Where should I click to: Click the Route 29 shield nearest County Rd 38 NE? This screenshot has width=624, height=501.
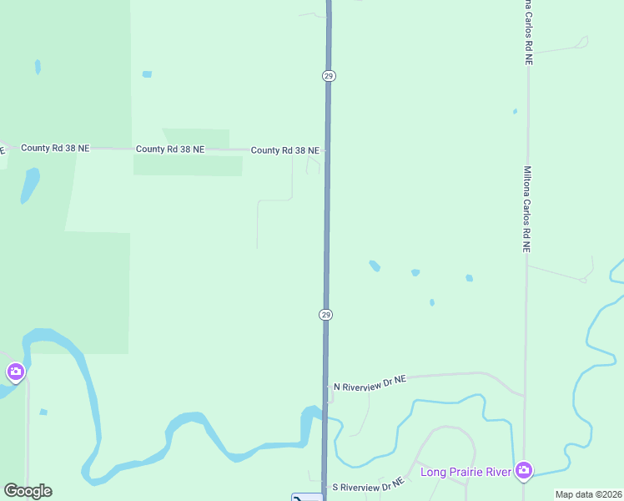328,76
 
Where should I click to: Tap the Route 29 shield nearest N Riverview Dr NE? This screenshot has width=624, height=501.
325,315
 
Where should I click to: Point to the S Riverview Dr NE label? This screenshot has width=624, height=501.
368,484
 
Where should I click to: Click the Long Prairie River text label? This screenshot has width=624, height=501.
465,472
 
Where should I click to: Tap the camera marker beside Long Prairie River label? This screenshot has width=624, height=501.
524,470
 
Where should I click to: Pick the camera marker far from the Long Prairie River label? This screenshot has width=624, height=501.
14,372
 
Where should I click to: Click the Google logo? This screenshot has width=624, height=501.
28,491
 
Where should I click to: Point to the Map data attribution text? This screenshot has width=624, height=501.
587,494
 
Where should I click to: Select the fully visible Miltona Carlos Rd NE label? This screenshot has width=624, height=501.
526,209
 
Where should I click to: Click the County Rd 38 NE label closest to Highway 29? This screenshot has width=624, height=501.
285,150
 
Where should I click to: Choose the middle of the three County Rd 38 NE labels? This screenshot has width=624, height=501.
170,149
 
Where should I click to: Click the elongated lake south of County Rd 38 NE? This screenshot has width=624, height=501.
29,185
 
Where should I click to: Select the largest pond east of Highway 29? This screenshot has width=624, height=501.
375,266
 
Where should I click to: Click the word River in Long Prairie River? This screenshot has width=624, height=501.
497,472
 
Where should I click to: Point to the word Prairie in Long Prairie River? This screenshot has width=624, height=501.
464,472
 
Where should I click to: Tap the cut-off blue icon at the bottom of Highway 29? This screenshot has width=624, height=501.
306,498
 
